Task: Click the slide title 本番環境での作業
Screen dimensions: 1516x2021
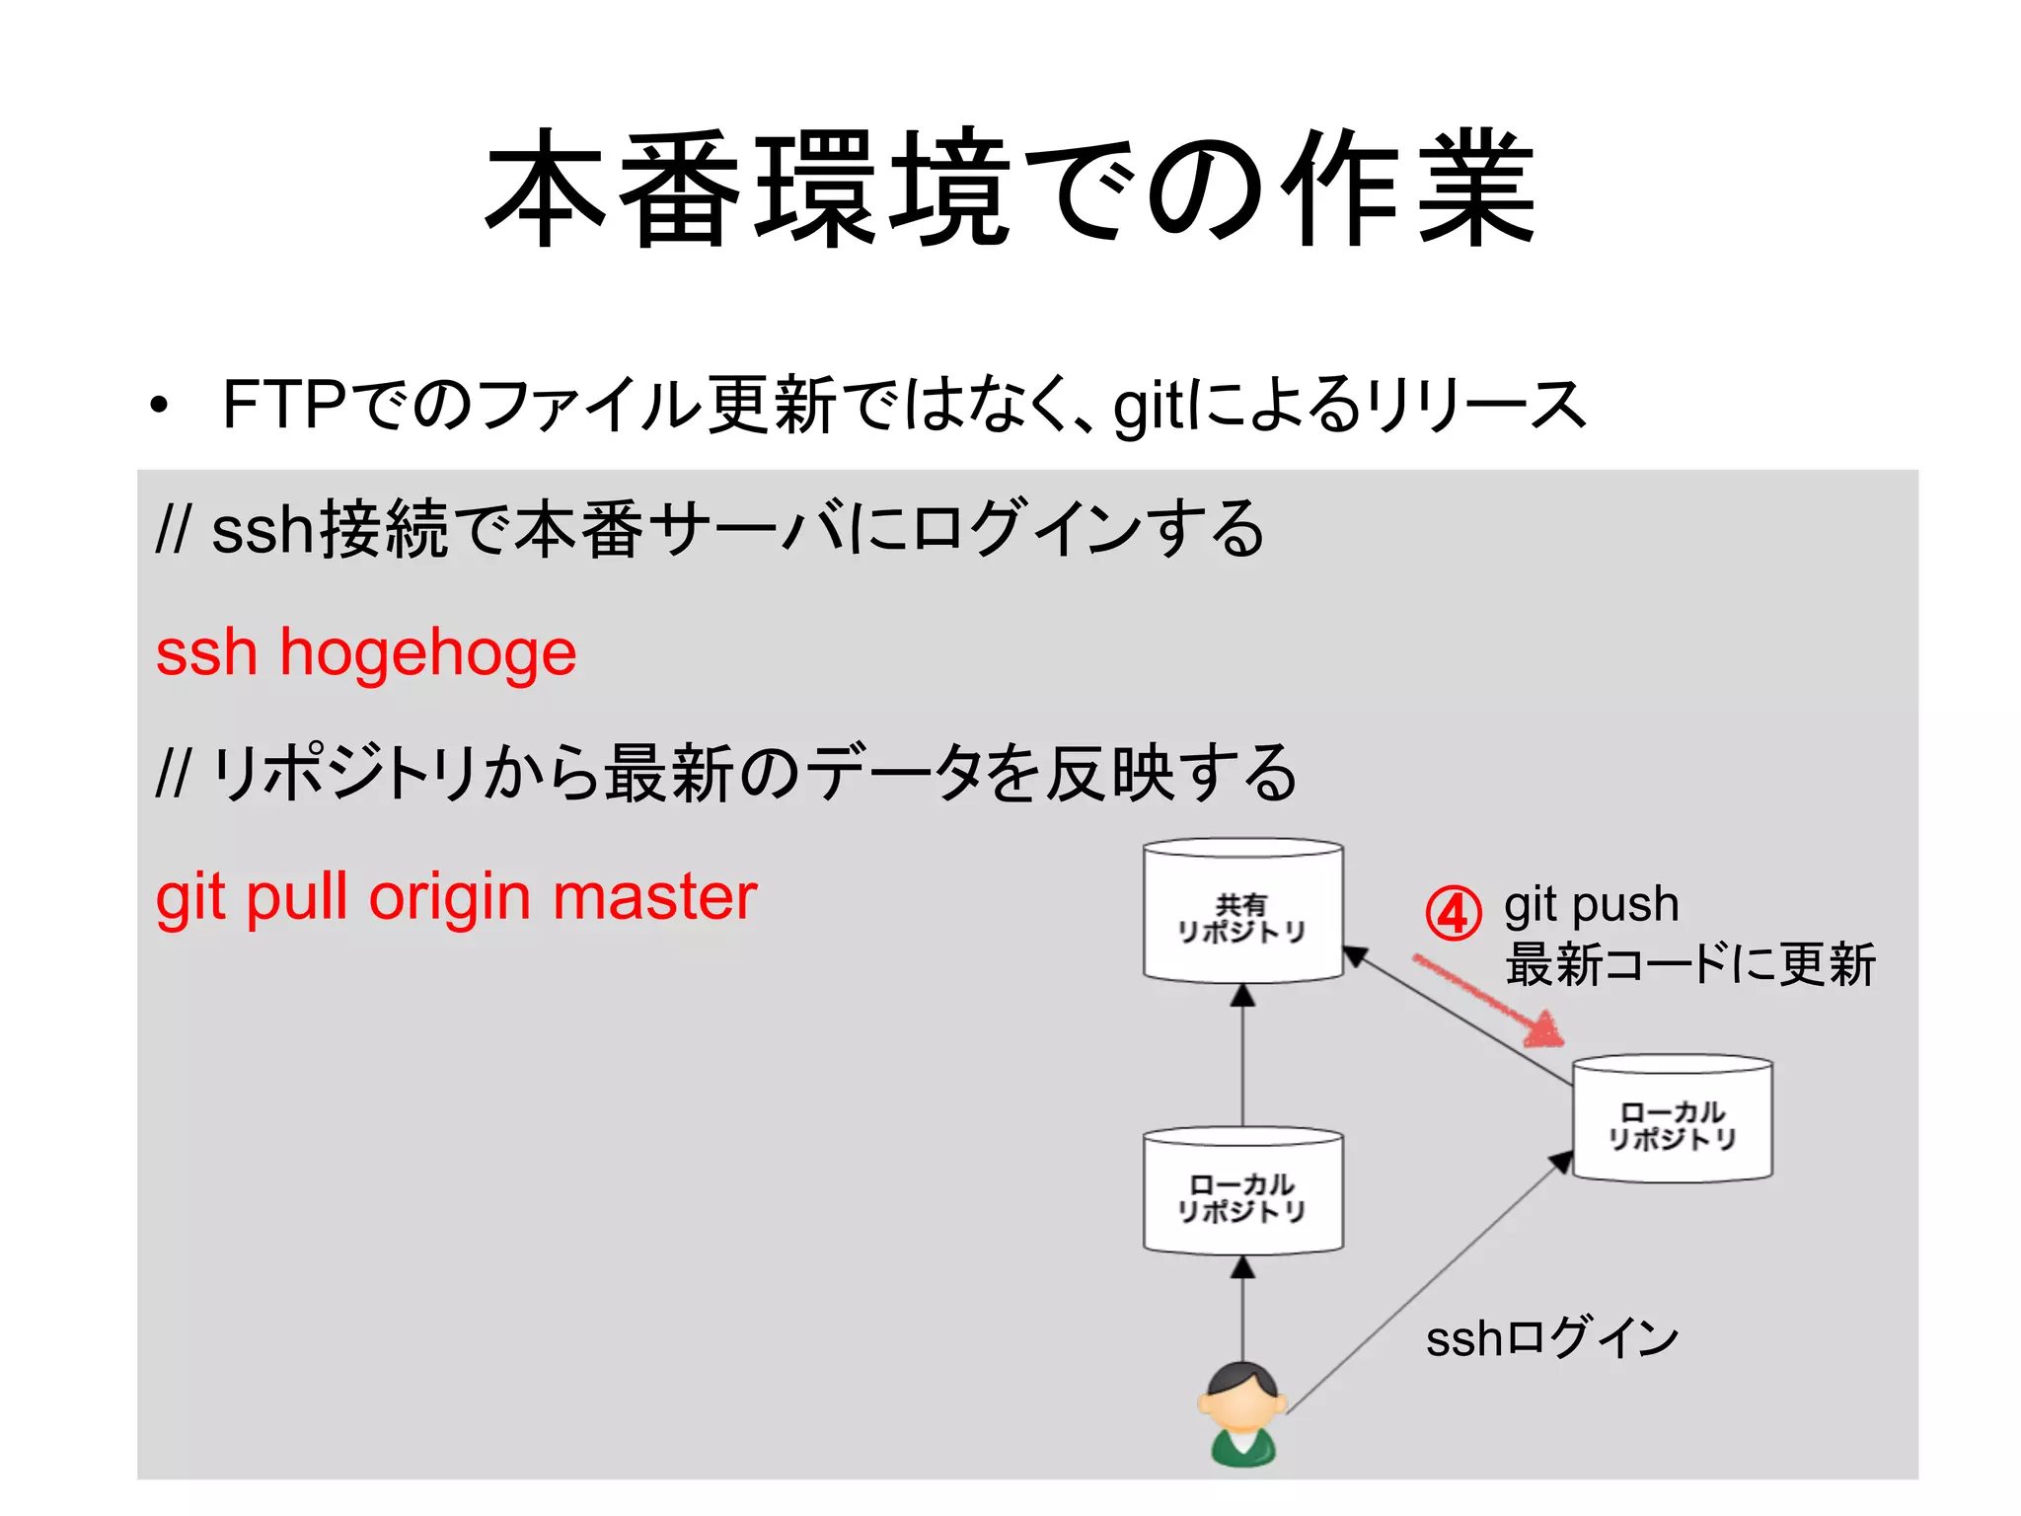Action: [1010, 188]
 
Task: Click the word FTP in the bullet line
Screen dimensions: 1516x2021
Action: [283, 405]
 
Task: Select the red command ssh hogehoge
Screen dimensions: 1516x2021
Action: [366, 652]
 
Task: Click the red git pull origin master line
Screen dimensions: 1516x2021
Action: [456, 897]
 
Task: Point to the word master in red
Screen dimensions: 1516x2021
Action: [654, 897]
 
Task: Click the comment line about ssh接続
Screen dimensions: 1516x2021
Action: [710, 530]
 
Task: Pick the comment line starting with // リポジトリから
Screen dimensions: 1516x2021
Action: [726, 774]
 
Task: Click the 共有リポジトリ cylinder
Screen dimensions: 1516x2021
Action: [1242, 913]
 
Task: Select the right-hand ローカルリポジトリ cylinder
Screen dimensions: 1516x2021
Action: [1672, 1120]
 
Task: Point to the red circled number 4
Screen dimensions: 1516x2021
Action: [1453, 913]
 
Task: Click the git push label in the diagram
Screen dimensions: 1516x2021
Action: [1591, 904]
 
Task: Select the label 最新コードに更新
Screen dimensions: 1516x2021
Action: [1689, 964]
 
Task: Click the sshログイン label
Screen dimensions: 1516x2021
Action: [1551, 1339]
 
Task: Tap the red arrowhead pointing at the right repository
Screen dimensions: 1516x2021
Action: [1545, 1031]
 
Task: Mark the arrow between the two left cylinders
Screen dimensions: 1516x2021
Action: [1242, 1056]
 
